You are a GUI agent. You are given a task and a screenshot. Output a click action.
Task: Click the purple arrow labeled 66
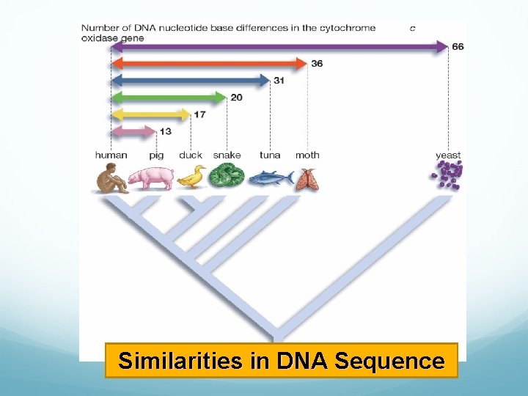tap(279, 47)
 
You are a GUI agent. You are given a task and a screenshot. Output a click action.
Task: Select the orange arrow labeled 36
tap(208, 64)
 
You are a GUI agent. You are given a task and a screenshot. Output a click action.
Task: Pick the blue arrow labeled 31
tap(191, 81)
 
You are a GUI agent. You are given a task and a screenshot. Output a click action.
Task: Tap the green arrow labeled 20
tap(169, 98)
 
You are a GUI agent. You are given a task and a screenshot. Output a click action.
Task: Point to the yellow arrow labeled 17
tap(150, 114)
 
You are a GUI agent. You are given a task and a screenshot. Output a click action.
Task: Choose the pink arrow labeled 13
tap(133, 131)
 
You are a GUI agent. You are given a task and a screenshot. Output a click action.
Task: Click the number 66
tap(458, 47)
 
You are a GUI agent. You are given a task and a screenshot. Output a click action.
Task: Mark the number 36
tap(317, 64)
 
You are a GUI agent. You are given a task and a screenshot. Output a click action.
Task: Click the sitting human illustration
tap(111, 178)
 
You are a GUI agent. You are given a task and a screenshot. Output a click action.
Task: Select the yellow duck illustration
tap(191, 177)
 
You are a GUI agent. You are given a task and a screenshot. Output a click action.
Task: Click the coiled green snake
tap(227, 177)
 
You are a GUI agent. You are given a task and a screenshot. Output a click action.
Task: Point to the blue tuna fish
tap(270, 177)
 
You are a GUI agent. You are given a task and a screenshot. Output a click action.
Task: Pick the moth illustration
tap(307, 179)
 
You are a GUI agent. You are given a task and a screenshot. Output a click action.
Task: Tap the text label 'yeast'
tap(448, 155)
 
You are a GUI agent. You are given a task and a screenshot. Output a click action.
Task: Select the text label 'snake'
tap(227, 155)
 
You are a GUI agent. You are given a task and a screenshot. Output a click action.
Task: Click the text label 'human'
tap(111, 155)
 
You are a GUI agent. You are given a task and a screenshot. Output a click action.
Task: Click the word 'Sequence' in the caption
tap(389, 361)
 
